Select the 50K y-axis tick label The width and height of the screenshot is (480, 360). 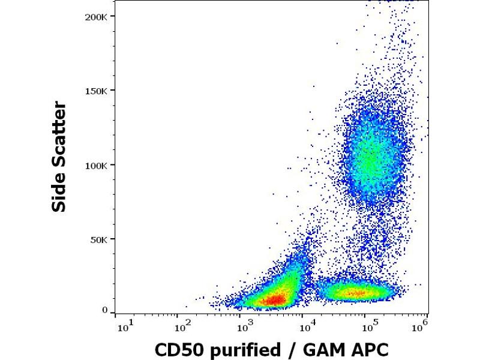[97, 239]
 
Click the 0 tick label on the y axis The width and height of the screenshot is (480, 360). [104, 311]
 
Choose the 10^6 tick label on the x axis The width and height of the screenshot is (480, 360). [421, 326]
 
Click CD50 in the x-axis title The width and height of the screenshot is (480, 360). [177, 350]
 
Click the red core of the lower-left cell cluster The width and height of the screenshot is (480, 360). [274, 299]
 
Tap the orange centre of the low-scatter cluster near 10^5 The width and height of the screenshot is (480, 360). [354, 293]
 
